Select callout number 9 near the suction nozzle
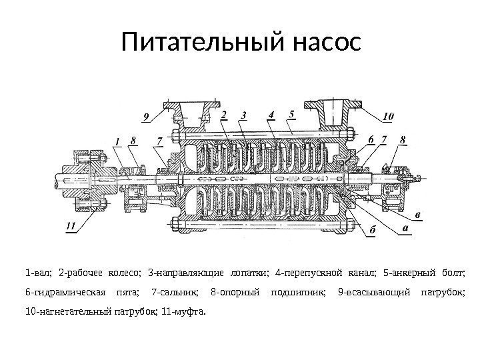click(146, 117)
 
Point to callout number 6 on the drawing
click(370, 138)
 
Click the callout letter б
click(373, 230)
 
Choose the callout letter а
click(404, 228)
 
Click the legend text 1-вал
click(37, 273)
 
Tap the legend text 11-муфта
click(189, 311)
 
